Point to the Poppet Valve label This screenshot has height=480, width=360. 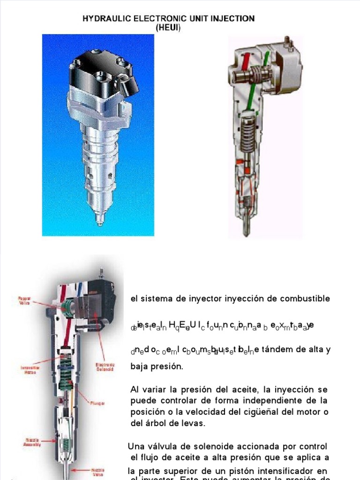[x=24, y=300]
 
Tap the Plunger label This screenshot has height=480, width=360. [x=98, y=403]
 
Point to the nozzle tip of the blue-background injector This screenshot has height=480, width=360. [x=99, y=220]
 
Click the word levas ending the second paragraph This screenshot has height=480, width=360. [x=193, y=423]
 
